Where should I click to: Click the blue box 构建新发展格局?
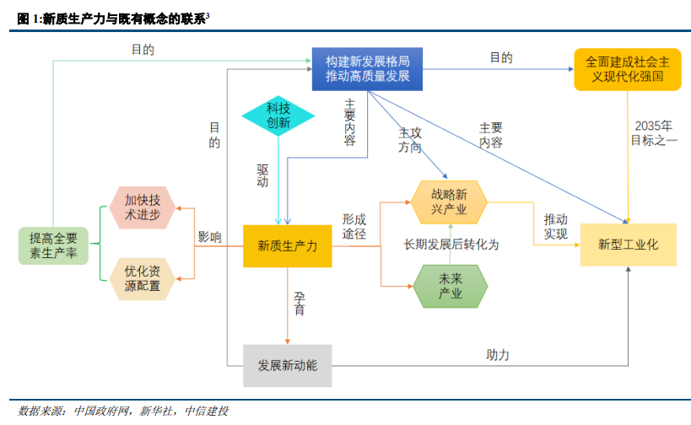pos(368,68)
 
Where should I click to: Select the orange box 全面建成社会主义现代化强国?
pos(628,68)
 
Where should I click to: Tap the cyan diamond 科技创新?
pos(278,116)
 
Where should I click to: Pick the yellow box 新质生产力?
pos(287,246)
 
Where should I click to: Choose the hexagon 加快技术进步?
pos(142,207)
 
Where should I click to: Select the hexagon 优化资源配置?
pos(142,279)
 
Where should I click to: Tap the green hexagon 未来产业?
pos(451,287)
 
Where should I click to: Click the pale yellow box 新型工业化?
pos(628,245)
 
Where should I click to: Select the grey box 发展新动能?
pos(287,366)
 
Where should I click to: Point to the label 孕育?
pos(300,304)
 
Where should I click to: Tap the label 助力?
pos(498,355)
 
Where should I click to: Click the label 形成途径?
pos(354,226)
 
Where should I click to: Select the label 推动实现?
pos(556,226)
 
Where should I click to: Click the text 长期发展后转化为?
pos(451,245)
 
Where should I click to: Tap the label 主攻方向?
pos(409,140)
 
